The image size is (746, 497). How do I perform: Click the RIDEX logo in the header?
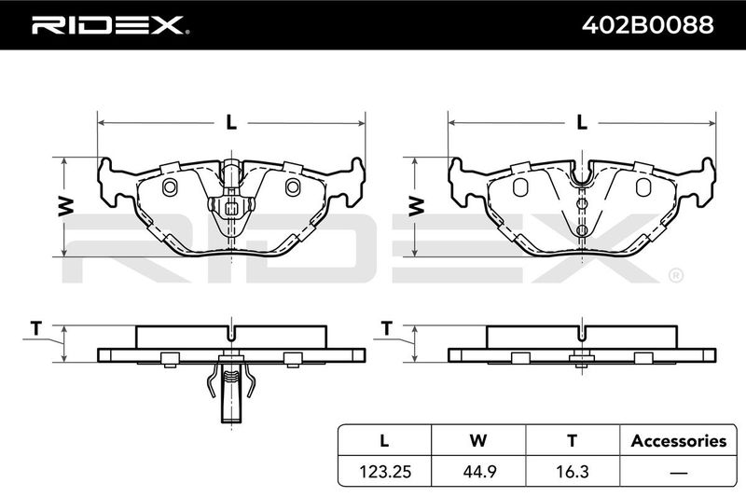[x=110, y=25]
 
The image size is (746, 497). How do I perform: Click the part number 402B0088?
[x=647, y=25]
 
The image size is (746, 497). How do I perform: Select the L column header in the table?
[x=384, y=440]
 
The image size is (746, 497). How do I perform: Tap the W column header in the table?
[x=478, y=440]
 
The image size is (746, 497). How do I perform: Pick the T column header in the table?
[x=573, y=440]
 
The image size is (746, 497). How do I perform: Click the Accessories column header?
[x=679, y=441]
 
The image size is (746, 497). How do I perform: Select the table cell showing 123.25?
[x=385, y=471]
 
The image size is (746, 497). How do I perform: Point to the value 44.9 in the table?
[x=478, y=471]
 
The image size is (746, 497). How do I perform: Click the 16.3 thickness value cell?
[x=573, y=471]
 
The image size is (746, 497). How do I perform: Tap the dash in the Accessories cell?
[x=679, y=472]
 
